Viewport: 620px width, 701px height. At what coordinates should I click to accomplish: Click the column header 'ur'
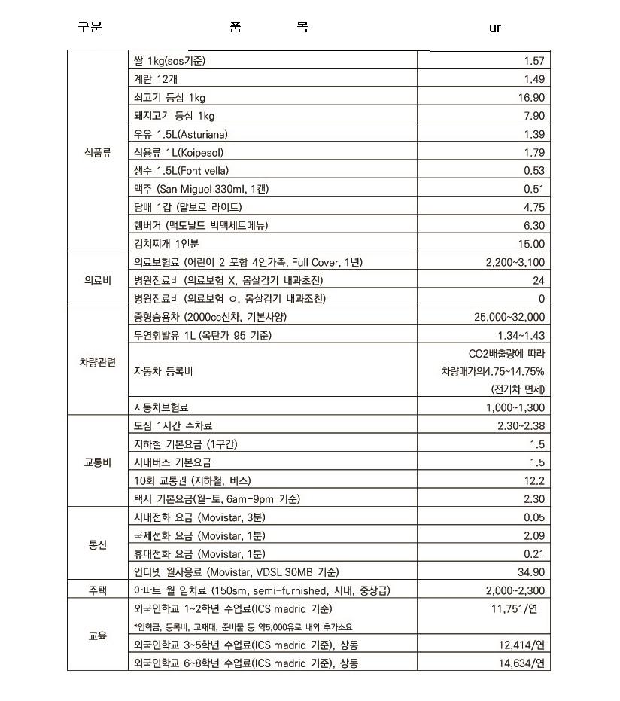494,28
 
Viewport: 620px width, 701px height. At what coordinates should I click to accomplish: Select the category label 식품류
97,153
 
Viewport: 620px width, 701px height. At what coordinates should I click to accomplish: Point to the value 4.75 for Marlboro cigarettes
533,207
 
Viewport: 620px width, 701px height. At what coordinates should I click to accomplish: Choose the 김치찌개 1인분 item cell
166,244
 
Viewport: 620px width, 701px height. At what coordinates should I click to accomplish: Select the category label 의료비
97,280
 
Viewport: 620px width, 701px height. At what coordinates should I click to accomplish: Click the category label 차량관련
97,362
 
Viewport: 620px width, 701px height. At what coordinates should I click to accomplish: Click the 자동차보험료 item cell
161,407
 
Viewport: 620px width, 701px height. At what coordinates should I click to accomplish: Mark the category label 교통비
97,462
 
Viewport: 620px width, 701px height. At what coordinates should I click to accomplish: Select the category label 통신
97,544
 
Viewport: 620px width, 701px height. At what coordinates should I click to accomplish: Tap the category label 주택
97,590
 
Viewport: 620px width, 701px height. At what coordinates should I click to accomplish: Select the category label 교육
97,635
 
